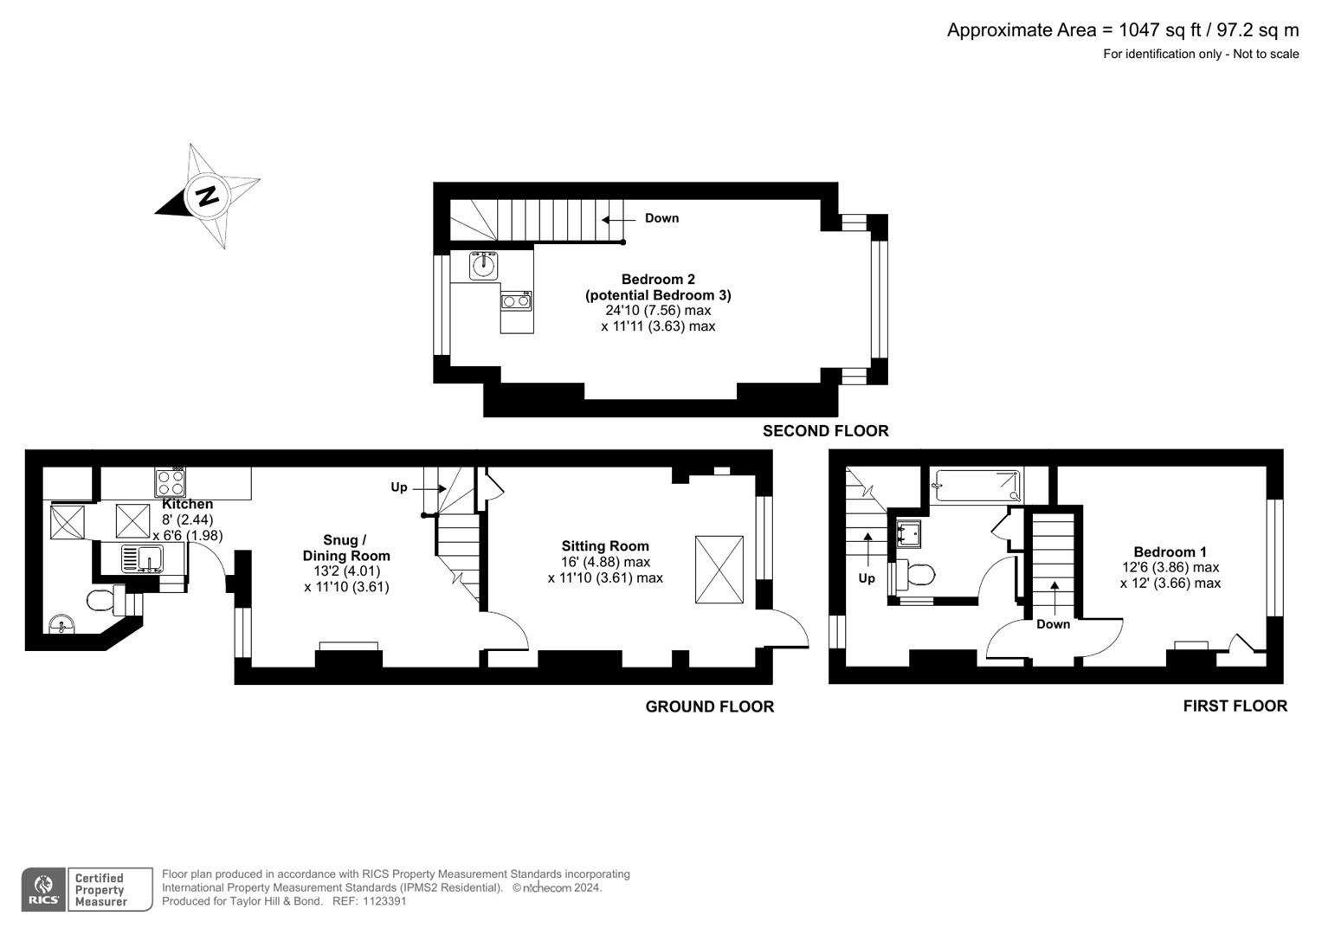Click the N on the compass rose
pyautogui.click(x=207, y=196)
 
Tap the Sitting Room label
pyautogui.click(x=604, y=546)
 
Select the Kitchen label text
pyautogui.click(x=188, y=504)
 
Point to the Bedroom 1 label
pyautogui.click(x=1170, y=552)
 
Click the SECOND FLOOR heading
pyautogui.click(x=825, y=431)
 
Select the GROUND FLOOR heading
pyautogui.click(x=709, y=707)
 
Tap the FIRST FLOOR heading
pyautogui.click(x=1235, y=706)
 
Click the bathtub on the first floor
pyautogui.click(x=977, y=486)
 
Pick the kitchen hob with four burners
pyautogui.click(x=171, y=481)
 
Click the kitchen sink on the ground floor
pyautogui.click(x=143, y=558)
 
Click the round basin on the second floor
pyautogui.click(x=484, y=265)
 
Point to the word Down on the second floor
pyautogui.click(x=661, y=218)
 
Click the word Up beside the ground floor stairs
pyautogui.click(x=398, y=487)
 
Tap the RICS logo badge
pyautogui.click(x=43, y=889)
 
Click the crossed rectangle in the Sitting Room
pyautogui.click(x=719, y=570)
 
